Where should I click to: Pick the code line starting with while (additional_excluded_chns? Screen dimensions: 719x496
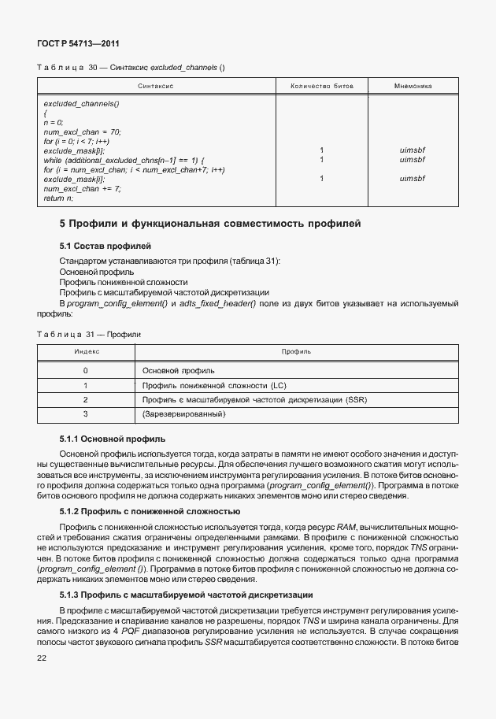pyautogui.click(x=124, y=159)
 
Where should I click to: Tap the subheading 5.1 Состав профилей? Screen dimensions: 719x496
pyautogui.click(x=105, y=247)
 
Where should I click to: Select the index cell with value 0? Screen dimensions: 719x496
pyautogui.click(x=86, y=370)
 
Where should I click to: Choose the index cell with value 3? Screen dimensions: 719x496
pyautogui.click(x=86, y=413)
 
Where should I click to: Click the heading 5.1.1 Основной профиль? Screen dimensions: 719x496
pyautogui.click(x=112, y=438)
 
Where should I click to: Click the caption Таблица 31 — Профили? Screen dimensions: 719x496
pyautogui.click(x=88, y=335)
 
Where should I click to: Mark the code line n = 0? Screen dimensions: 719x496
pyautogui.click(x=54, y=122)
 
